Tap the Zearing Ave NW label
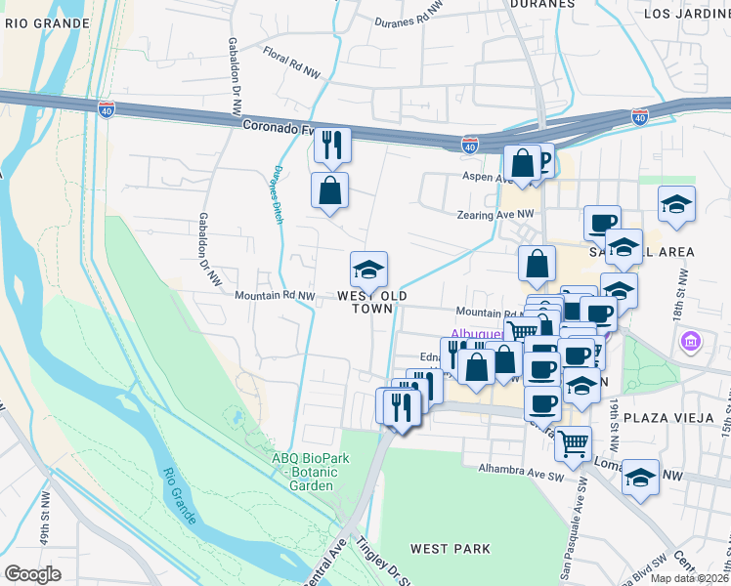click(x=495, y=213)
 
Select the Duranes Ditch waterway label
click(x=276, y=195)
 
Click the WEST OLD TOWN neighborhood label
click(x=371, y=301)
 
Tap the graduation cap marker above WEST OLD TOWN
click(x=369, y=270)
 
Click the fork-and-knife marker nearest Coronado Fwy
click(x=332, y=146)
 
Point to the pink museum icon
click(x=691, y=343)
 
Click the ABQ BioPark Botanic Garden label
click(x=312, y=473)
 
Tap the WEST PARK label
click(x=443, y=550)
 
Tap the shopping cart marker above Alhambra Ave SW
click(x=573, y=443)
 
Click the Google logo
click(x=32, y=574)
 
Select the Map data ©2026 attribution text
click(x=689, y=578)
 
